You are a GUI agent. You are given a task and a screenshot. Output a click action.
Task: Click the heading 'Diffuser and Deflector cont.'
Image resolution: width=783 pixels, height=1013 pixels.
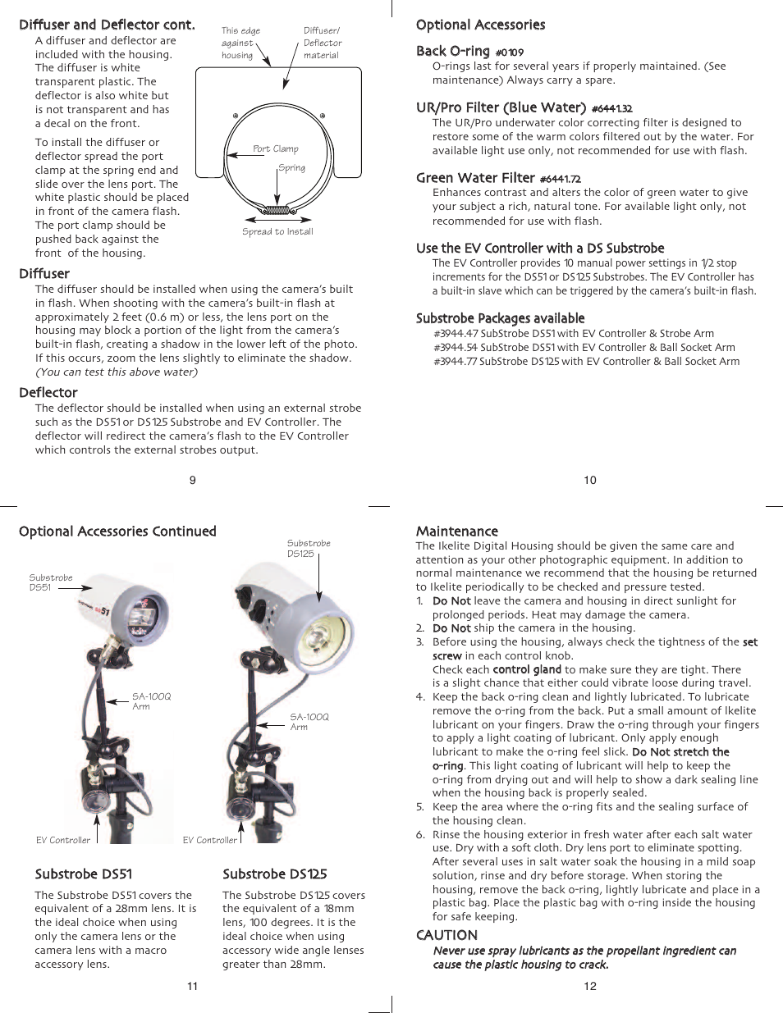(x=107, y=25)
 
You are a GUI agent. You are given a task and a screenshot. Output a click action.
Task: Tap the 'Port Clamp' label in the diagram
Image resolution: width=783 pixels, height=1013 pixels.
(x=275, y=148)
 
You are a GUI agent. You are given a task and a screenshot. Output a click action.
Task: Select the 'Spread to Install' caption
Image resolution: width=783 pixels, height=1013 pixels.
(x=277, y=231)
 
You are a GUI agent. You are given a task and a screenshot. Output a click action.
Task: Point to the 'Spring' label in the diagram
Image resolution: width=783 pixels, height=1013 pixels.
(x=291, y=167)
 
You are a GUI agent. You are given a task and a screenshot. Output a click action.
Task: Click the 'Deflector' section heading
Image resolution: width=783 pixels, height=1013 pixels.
(x=48, y=393)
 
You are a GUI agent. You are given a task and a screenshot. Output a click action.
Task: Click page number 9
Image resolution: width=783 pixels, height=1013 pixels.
(x=193, y=480)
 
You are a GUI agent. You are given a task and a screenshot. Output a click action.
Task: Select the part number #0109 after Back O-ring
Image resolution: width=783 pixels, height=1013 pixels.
(x=509, y=52)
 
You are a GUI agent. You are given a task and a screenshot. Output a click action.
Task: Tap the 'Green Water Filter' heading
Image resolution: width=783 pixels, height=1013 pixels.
(x=475, y=178)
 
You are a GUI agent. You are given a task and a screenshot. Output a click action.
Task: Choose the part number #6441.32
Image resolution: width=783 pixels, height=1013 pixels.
(x=611, y=108)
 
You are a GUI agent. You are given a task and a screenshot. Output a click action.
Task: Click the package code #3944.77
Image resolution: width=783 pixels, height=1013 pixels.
(x=456, y=361)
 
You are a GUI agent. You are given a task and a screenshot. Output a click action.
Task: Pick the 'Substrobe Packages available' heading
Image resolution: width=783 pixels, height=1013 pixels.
(x=500, y=318)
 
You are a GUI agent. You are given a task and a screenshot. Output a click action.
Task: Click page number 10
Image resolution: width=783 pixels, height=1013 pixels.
(x=590, y=480)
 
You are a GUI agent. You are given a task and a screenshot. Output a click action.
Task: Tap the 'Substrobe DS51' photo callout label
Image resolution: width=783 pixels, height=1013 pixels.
(x=50, y=582)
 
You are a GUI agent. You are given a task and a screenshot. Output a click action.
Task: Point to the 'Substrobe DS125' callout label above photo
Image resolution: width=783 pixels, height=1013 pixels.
(x=309, y=548)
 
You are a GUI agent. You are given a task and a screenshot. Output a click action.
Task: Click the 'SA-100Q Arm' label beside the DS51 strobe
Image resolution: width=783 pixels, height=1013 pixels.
(x=151, y=701)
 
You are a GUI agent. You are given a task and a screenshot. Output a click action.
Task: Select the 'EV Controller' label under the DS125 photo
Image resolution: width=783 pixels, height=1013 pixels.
(x=209, y=840)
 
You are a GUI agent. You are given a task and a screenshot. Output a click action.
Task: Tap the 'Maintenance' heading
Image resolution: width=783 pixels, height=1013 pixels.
(x=456, y=532)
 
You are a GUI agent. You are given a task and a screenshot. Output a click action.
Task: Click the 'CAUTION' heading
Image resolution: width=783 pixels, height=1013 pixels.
(x=446, y=935)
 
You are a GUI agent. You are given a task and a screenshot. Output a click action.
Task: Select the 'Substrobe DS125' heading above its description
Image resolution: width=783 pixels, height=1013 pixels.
(x=274, y=874)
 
